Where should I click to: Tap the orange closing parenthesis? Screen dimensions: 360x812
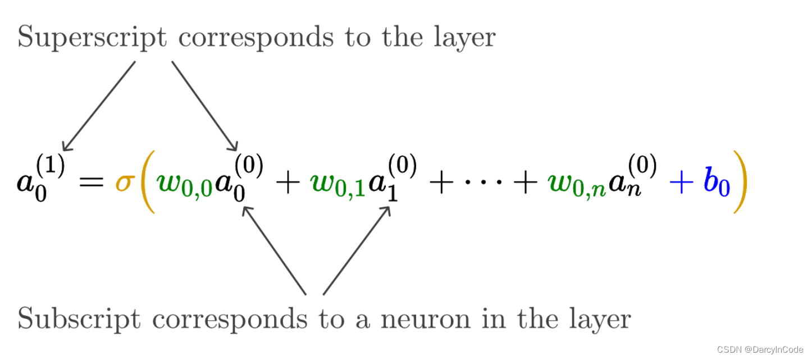[x=741, y=184]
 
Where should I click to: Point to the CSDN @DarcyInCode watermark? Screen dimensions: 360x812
[x=761, y=349]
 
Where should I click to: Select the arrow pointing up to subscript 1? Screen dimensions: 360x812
[x=356, y=250]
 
